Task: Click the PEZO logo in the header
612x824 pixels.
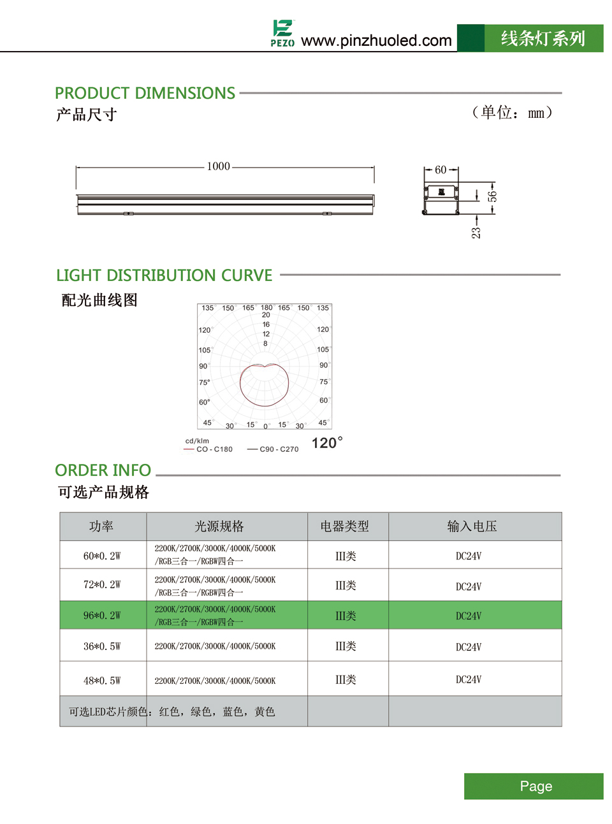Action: (x=282, y=34)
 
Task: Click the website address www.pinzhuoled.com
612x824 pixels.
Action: (x=376, y=41)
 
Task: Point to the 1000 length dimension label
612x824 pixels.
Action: (x=218, y=166)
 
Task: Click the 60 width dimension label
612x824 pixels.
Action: (x=441, y=170)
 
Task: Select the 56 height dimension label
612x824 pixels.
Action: (x=492, y=196)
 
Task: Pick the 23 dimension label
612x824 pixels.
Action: (x=476, y=233)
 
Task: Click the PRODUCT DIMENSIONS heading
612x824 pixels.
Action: (x=145, y=93)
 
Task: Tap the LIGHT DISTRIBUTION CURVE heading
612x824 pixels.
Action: (x=164, y=275)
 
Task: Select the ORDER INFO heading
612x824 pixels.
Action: (x=103, y=470)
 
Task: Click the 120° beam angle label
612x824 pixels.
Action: (x=327, y=443)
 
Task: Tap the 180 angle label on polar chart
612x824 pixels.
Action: (x=266, y=308)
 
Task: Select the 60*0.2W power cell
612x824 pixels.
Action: (x=102, y=556)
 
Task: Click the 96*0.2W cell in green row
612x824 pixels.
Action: (x=102, y=616)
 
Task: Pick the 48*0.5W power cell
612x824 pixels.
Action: (x=102, y=681)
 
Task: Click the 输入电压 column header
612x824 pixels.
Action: (x=472, y=526)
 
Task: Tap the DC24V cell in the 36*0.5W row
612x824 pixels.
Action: (x=469, y=647)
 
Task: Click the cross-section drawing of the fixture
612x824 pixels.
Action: (x=441, y=199)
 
